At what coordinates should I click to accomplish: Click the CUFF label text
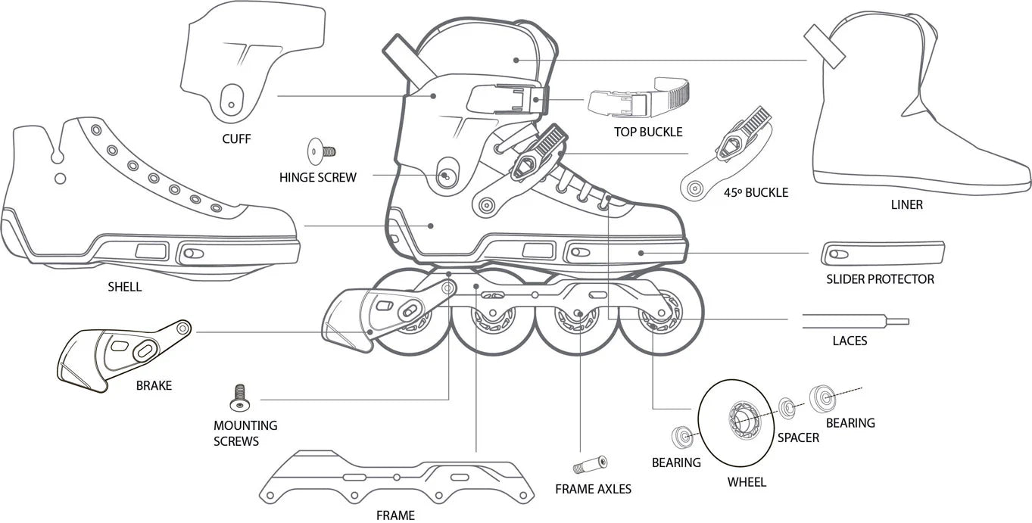pyautogui.click(x=236, y=139)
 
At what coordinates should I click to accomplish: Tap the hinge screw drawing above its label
pyautogui.click(x=321, y=151)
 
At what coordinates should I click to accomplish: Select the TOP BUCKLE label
pyautogui.click(x=648, y=132)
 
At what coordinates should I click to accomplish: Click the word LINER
pyautogui.click(x=906, y=204)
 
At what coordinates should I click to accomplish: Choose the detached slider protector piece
pyautogui.click(x=883, y=253)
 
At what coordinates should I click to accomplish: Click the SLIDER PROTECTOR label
pyautogui.click(x=880, y=279)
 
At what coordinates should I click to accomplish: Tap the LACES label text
pyautogui.click(x=850, y=341)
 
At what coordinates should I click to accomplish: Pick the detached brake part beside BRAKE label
pyautogui.click(x=123, y=356)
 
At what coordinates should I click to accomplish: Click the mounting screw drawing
pyautogui.click(x=239, y=398)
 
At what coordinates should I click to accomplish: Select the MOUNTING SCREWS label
pyautogui.click(x=245, y=433)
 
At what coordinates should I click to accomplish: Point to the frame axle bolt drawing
pyautogui.click(x=590, y=465)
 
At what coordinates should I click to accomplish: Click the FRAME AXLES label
pyautogui.click(x=593, y=489)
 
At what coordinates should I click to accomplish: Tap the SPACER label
pyautogui.click(x=798, y=437)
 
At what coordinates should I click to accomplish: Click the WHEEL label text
pyautogui.click(x=747, y=482)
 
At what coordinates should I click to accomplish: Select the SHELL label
pyautogui.click(x=124, y=288)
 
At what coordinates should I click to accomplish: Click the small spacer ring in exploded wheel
pyautogui.click(x=787, y=407)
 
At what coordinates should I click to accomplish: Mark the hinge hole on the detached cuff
pyautogui.click(x=231, y=105)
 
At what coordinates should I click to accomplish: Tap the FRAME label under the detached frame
pyautogui.click(x=395, y=515)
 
